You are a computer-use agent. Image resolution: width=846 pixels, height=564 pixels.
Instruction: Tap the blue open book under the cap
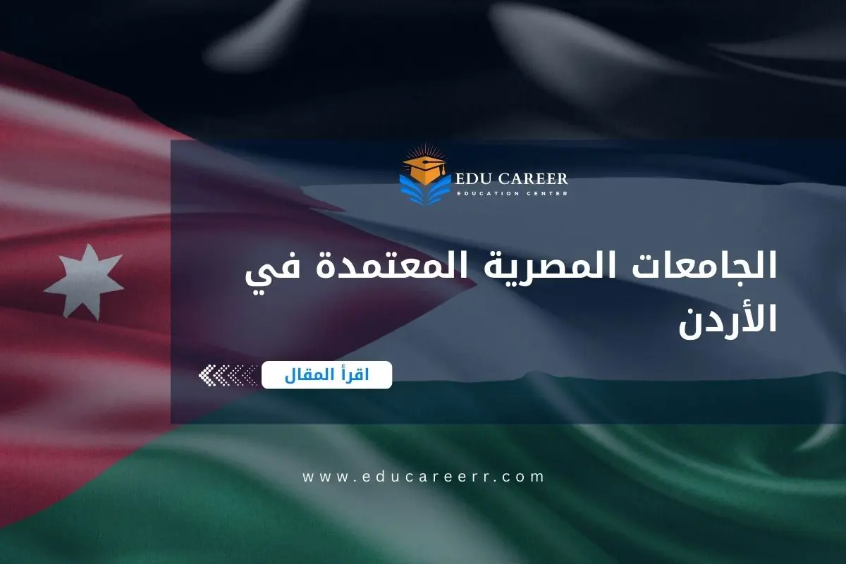(x=424, y=189)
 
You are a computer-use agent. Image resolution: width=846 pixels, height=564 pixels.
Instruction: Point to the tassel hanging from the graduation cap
(x=442, y=173)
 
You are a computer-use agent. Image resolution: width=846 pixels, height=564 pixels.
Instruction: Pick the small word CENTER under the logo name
(x=547, y=193)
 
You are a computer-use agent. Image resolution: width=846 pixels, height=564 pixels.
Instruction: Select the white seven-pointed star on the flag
(x=83, y=279)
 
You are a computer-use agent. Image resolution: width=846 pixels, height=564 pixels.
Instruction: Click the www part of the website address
(x=322, y=477)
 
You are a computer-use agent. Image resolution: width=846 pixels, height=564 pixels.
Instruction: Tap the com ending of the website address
(x=528, y=477)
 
